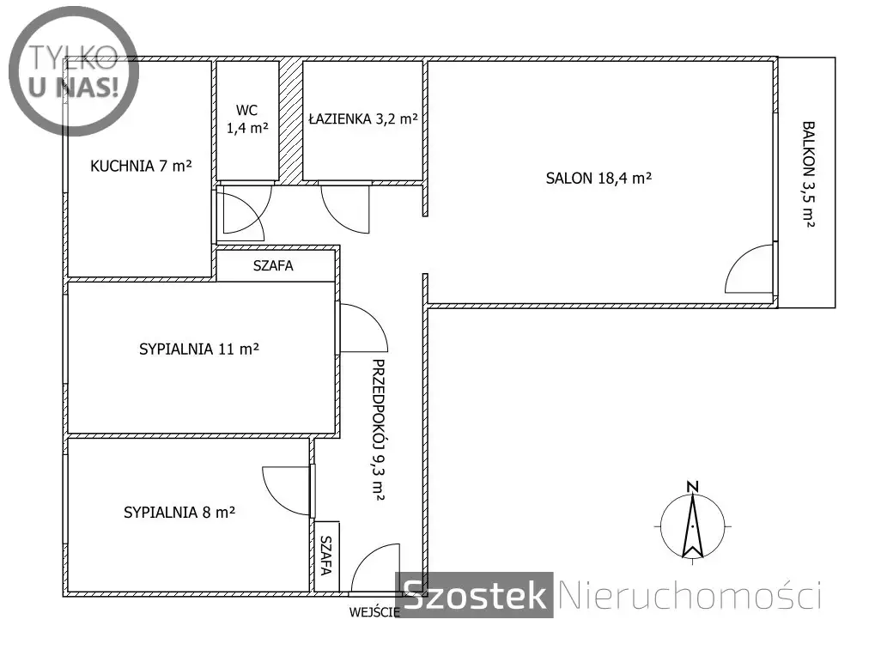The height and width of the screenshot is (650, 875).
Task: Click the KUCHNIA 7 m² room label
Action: click(x=141, y=166)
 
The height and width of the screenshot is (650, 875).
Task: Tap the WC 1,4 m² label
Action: click(x=247, y=118)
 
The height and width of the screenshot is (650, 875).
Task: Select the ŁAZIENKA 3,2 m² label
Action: click(x=363, y=118)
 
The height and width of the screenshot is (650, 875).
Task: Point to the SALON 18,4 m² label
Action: click(x=599, y=178)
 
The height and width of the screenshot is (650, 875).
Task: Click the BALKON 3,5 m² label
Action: click(x=809, y=174)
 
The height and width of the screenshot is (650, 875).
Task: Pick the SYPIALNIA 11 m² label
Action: click(x=199, y=349)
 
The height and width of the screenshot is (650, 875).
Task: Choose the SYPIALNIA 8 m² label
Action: click(x=179, y=513)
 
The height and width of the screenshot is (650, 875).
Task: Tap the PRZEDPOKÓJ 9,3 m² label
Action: click(x=379, y=429)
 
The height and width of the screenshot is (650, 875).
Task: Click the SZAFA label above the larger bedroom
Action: click(x=273, y=265)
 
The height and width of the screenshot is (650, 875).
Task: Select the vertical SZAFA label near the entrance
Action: click(x=326, y=556)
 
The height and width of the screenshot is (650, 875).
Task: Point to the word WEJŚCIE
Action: click(x=374, y=612)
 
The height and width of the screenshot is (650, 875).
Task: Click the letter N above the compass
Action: click(x=692, y=487)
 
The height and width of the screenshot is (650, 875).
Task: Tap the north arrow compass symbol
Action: click(x=692, y=526)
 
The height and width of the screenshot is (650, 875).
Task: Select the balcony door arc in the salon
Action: click(x=737, y=260)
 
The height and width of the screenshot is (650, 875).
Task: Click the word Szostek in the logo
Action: click(x=474, y=595)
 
